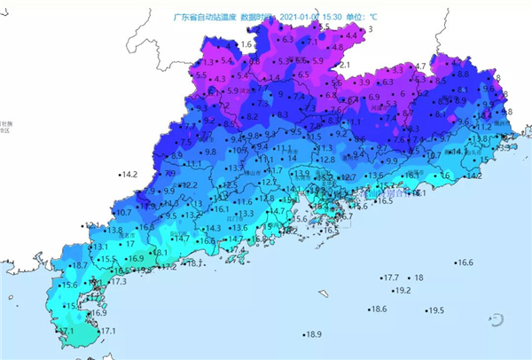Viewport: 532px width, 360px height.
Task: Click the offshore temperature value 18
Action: point(419,278)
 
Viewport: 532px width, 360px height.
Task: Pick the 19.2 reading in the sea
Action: point(402,290)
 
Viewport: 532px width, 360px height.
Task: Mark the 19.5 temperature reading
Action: point(434,310)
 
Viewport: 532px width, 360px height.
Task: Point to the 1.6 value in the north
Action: point(246,43)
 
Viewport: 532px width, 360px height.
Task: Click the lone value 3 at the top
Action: point(370,29)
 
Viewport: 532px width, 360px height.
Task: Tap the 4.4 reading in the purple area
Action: point(350,35)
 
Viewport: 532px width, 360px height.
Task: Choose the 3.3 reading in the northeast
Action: point(396,69)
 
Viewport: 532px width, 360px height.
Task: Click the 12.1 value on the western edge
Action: point(93,225)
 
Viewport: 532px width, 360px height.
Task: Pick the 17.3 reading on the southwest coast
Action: point(119,281)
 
